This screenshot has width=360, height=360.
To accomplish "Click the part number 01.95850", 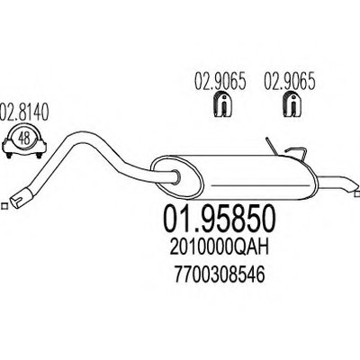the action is click(x=219, y=219).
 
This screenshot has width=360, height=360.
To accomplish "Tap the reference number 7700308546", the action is click(x=219, y=275).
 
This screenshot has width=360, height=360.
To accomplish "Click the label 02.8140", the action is click(x=24, y=112).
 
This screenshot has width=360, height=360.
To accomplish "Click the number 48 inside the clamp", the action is click(x=24, y=139).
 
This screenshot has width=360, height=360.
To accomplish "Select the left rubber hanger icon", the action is click(x=223, y=104).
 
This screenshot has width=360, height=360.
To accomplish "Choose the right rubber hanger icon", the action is click(x=292, y=104).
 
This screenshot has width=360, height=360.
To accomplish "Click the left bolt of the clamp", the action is click(x=9, y=155).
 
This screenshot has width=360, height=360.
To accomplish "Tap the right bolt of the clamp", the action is click(x=39, y=155).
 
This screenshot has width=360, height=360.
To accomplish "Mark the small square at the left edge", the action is click(x=4, y=206).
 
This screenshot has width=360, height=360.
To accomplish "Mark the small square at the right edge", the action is click(x=357, y=193).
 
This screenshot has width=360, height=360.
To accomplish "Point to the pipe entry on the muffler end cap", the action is click(x=176, y=176).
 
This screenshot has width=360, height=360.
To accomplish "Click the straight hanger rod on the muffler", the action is click(x=272, y=146).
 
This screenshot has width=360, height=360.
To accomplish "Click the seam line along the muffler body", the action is click(x=260, y=186).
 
